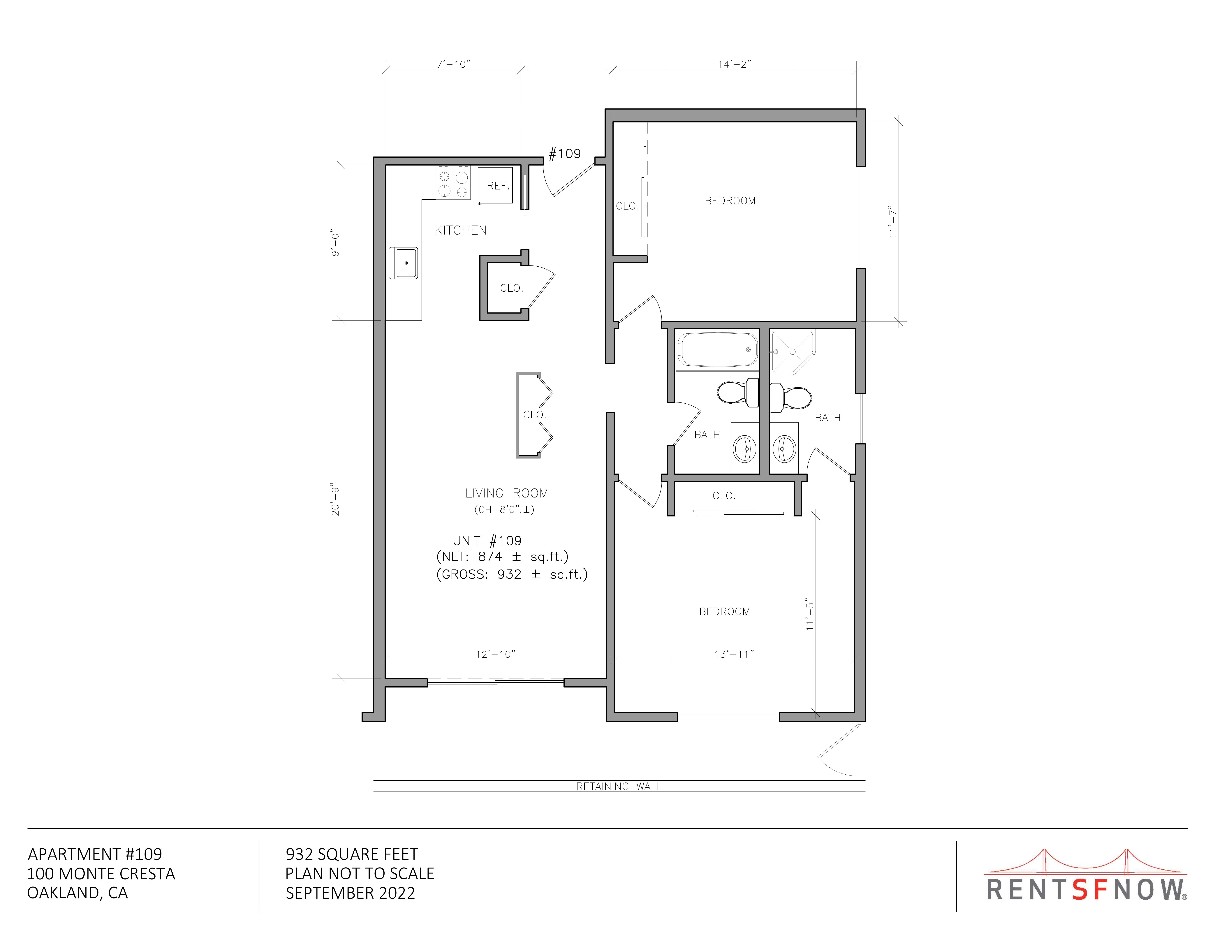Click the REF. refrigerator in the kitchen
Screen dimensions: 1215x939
coord(495,185)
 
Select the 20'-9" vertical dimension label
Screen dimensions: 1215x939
coord(335,499)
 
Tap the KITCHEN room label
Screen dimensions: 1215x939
coord(461,230)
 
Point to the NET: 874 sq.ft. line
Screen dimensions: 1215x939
coord(502,557)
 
